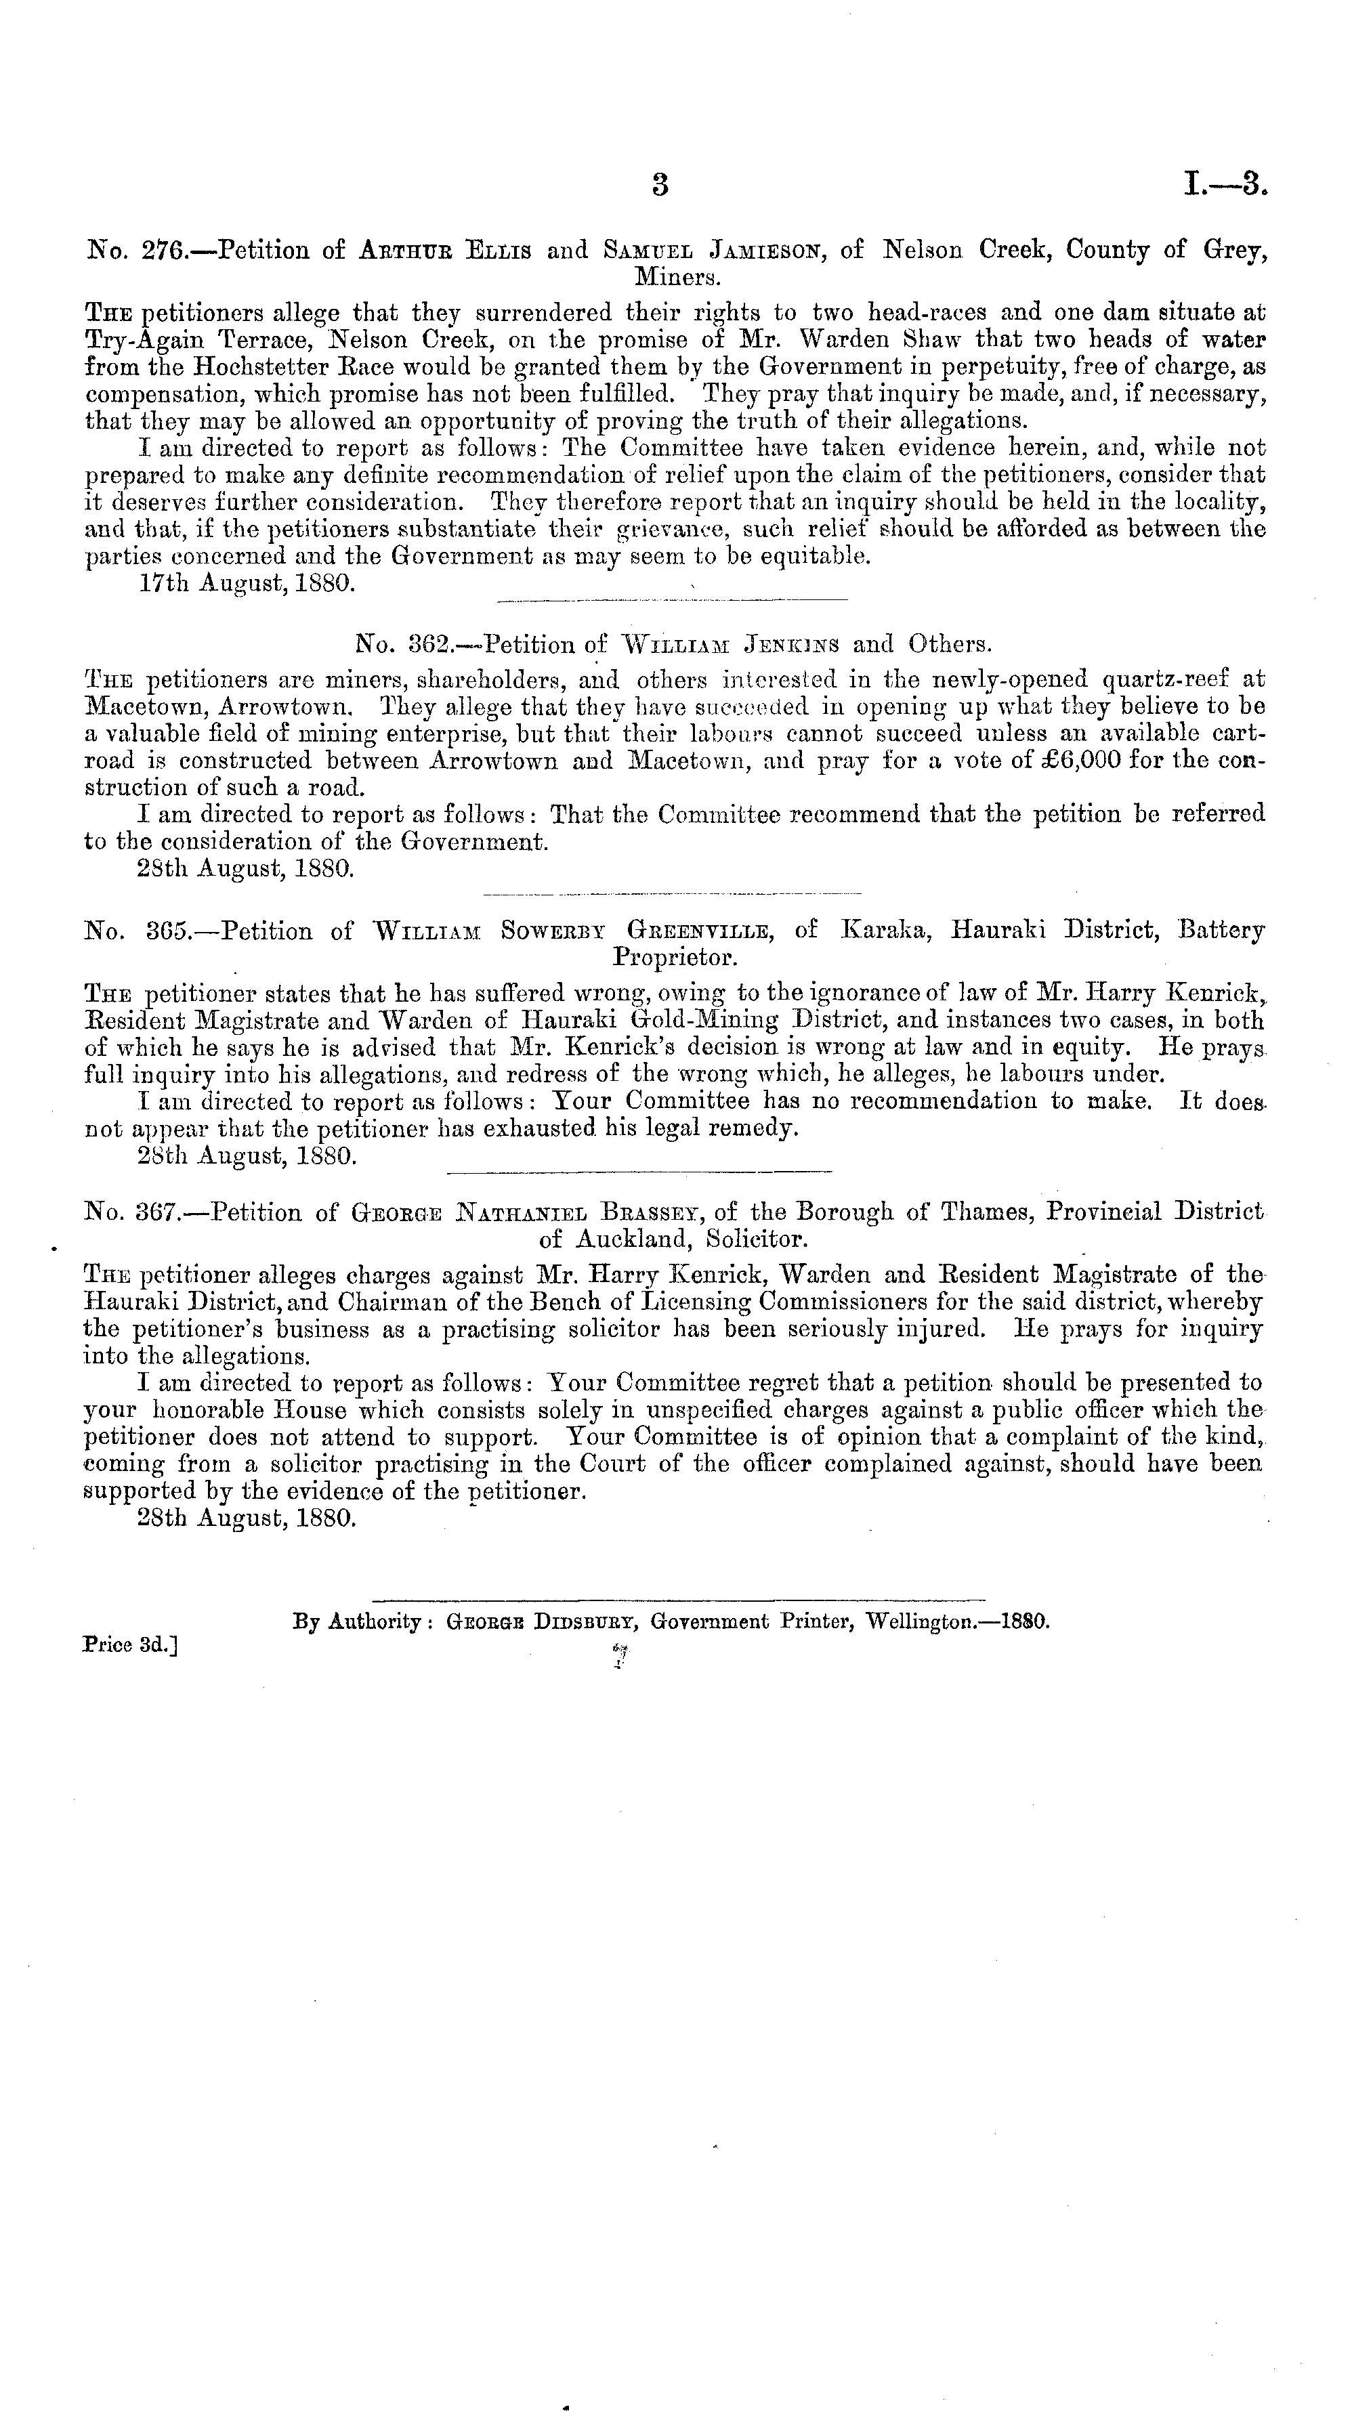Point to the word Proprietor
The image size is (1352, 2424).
pyautogui.click(x=675, y=958)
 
